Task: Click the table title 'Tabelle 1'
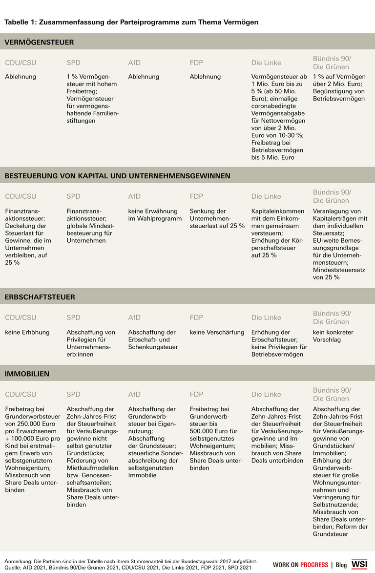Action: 131,22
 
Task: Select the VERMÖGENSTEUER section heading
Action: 40,42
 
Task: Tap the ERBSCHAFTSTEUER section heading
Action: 40,297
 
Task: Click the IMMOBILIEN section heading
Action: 27,374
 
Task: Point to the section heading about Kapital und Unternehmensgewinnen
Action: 117,175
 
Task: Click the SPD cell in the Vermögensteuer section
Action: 93,98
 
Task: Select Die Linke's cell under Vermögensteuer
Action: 279,117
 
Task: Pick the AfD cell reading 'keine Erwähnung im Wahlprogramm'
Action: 155,214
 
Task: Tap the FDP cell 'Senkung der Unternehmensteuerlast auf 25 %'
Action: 217,218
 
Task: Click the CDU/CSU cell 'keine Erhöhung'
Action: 27,332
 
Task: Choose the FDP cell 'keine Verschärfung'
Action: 217,332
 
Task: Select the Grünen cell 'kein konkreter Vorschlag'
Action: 333,336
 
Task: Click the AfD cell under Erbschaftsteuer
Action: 152,340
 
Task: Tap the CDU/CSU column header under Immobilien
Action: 21,394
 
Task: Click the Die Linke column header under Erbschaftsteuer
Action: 266,318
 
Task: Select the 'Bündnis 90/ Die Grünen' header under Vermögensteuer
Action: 332,63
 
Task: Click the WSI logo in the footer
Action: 359,564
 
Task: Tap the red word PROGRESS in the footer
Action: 314,565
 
